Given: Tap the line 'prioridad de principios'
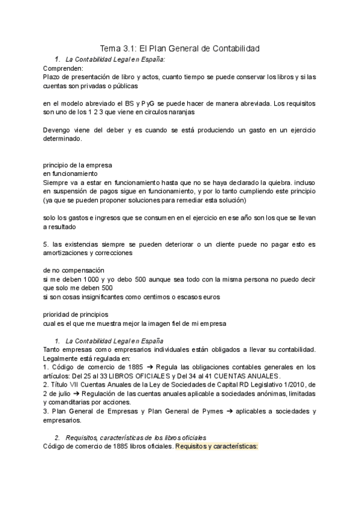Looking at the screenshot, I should point(76,314).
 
